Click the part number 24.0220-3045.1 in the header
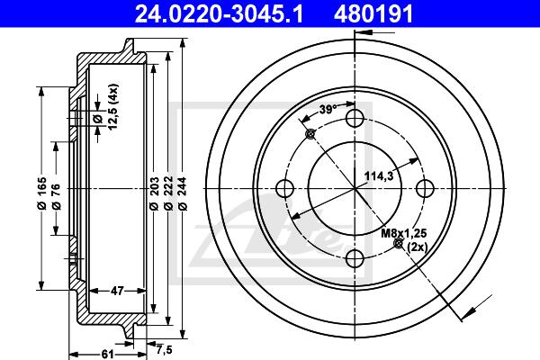(x=219, y=14)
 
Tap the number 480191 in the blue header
(x=373, y=14)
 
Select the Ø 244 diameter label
(x=183, y=193)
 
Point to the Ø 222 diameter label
(x=168, y=193)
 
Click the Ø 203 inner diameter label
(x=154, y=193)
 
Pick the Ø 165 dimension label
(x=41, y=193)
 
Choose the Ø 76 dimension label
(x=56, y=197)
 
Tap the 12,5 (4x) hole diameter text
(x=113, y=107)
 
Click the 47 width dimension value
(x=117, y=291)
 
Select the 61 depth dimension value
(x=107, y=354)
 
